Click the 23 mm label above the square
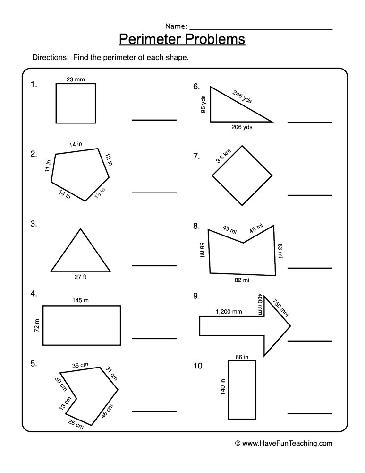76,79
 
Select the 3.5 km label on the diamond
223,156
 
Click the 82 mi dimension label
242,280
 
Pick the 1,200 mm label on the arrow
229,311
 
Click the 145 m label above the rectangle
80,300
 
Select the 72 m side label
37,326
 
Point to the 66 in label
242,357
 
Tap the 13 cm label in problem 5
68,403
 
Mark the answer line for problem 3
154,266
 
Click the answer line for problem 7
310,195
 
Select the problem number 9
196,297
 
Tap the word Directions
49,58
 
